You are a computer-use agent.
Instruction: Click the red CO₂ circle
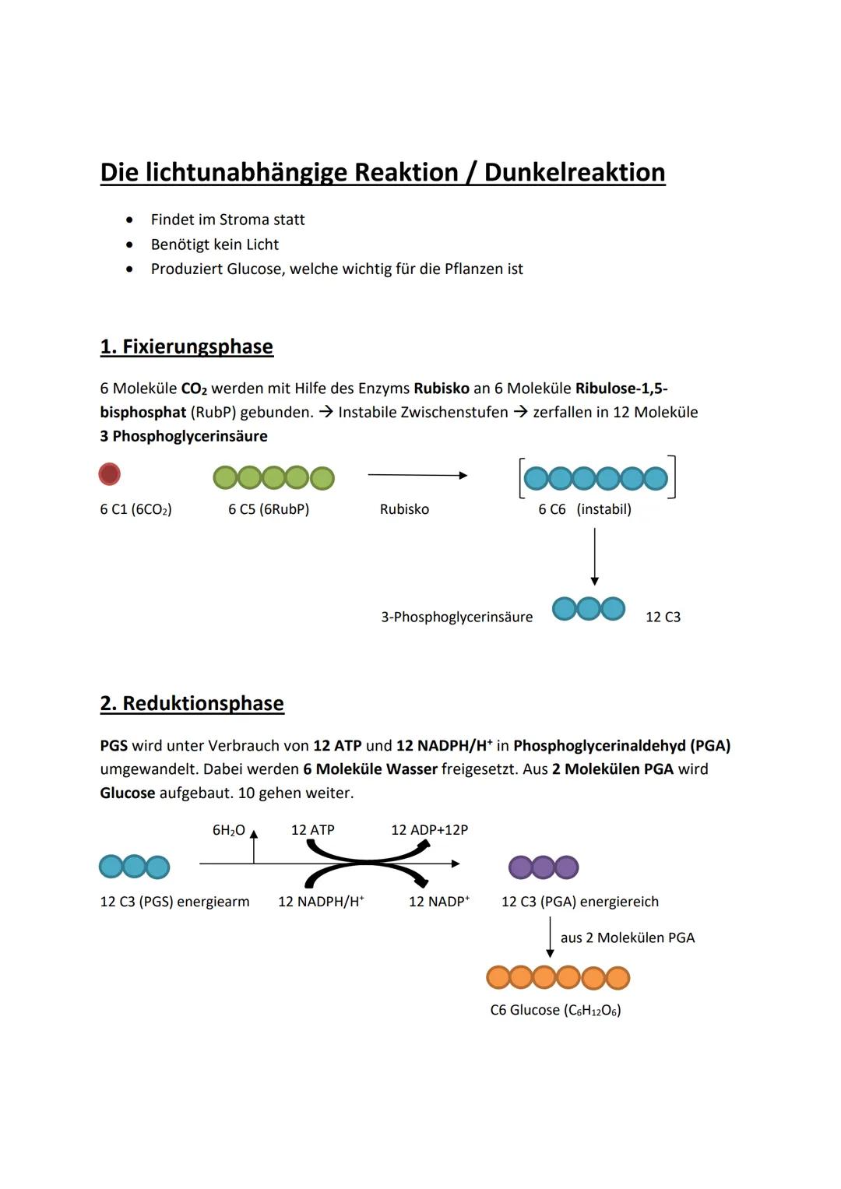110,474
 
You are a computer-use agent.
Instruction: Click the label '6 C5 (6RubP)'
269,509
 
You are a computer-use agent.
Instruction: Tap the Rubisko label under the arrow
404,509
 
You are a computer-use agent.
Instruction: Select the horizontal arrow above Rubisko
417,475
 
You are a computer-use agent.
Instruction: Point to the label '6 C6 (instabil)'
585,509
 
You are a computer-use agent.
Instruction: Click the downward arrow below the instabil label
595,556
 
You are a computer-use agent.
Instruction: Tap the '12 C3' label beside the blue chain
663,617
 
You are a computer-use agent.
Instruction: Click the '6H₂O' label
228,830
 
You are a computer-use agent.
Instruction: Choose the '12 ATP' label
312,830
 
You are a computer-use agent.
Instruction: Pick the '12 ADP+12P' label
429,830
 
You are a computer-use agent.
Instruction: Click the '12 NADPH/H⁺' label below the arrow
321,902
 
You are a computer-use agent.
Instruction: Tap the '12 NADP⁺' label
439,902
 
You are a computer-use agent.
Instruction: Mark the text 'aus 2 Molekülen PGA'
628,937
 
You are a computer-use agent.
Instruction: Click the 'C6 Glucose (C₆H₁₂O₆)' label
555,1010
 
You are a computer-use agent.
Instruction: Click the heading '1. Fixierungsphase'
187,346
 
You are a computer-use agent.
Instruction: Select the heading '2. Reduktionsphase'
192,703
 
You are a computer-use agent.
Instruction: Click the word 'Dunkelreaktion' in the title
575,172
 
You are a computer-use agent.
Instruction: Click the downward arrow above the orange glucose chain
550,937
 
